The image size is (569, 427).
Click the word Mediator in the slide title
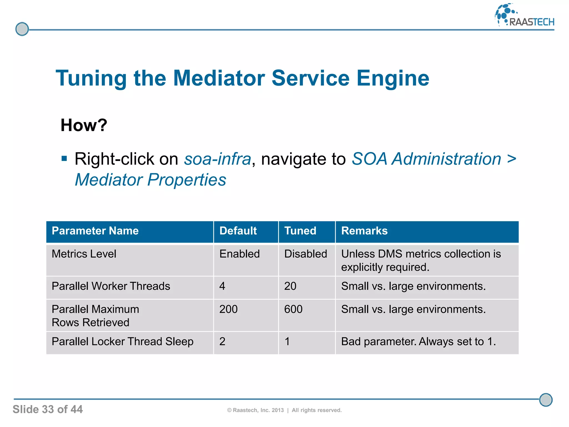click(219, 78)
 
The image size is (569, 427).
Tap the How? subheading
click(84, 125)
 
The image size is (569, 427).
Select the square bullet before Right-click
click(64, 159)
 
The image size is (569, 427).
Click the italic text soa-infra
click(218, 159)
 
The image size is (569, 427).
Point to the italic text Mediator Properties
click(150, 180)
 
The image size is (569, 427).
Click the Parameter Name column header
click(95, 231)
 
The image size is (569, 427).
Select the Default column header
click(238, 231)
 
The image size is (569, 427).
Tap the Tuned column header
click(300, 231)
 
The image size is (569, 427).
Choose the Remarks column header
click(364, 231)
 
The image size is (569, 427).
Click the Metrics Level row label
click(84, 254)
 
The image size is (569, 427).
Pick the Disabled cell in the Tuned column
click(306, 254)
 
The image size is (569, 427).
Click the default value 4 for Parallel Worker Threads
click(222, 286)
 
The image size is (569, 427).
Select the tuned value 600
click(293, 309)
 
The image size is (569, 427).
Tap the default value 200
click(228, 309)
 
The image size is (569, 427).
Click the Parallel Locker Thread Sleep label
click(123, 342)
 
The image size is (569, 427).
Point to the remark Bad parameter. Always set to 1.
click(418, 342)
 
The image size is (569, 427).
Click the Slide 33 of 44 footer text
click(48, 409)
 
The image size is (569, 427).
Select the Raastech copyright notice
click(284, 410)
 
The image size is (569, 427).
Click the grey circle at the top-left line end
click(22, 29)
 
